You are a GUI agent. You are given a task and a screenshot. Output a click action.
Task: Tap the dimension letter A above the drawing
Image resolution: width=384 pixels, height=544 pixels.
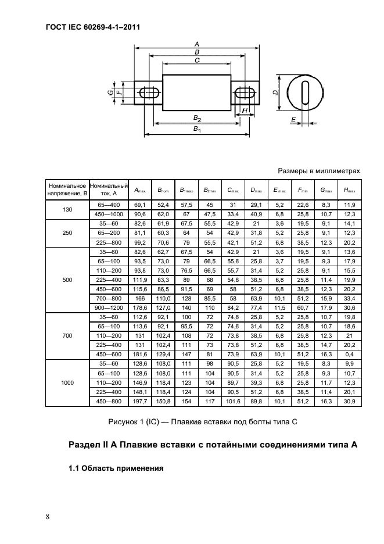pyautogui.click(x=198, y=44)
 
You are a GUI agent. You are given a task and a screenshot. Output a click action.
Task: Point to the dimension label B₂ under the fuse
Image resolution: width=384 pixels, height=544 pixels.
pyautogui.click(x=197, y=118)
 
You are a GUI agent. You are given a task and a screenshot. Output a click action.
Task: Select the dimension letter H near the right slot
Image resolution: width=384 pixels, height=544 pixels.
pyautogui.click(x=245, y=110)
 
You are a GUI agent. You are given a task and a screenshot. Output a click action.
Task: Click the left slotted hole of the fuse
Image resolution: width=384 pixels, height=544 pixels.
pyautogui.click(x=150, y=93)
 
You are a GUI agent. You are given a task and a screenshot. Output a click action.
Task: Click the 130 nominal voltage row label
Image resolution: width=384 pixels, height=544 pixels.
pyautogui.click(x=67, y=209)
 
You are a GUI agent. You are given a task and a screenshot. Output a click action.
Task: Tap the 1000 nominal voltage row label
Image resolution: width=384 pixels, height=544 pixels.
pyautogui.click(x=67, y=383)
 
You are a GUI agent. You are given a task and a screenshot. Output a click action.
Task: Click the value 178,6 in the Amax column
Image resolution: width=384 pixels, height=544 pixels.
pyautogui.click(x=140, y=306)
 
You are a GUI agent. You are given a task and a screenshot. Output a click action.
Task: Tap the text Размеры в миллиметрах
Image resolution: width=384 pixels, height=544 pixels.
pyautogui.click(x=320, y=171)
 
